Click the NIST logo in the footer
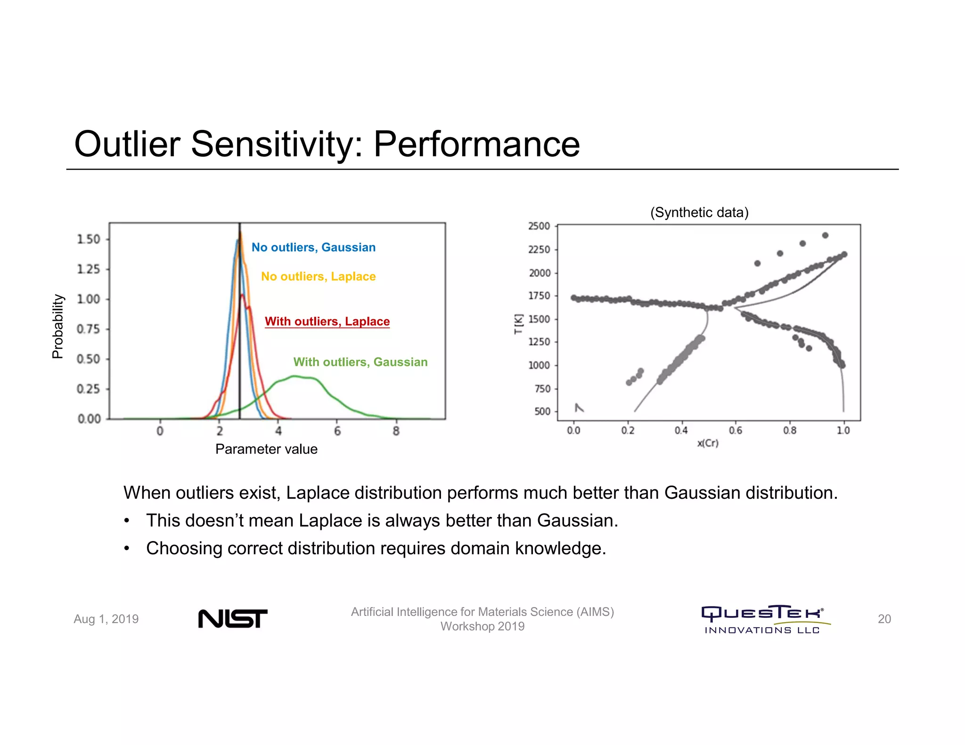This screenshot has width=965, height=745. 233,618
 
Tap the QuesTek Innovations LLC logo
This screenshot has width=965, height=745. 763,619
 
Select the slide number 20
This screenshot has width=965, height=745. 884,619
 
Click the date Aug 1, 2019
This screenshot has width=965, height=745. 106,619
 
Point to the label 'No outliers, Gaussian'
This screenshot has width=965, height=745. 313,247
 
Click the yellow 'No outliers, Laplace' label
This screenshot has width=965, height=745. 319,276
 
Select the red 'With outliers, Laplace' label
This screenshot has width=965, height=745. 327,321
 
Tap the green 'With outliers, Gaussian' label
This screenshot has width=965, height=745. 360,362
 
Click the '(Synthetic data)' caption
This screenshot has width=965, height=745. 699,212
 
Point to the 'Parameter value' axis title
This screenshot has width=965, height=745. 266,449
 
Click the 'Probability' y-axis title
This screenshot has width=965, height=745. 57,326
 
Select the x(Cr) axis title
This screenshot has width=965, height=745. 708,443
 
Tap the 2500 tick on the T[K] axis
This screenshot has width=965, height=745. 539,226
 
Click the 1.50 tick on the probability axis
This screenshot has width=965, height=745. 89,239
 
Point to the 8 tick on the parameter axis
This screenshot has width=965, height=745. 396,431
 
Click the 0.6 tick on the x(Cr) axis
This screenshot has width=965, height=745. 735,430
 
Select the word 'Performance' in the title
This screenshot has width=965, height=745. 476,144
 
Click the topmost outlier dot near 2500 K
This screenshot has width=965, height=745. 825,235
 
